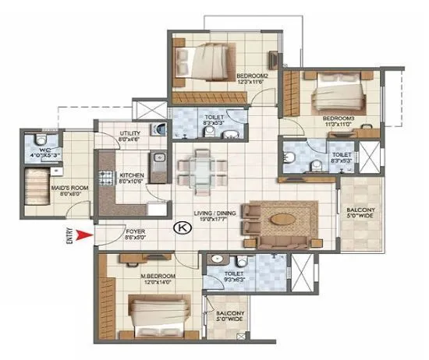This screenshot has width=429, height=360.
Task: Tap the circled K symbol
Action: [181, 228]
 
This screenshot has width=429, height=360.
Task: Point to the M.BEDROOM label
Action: [158, 276]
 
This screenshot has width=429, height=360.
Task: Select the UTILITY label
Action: [130, 133]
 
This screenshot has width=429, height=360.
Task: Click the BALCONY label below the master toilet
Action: [227, 315]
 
